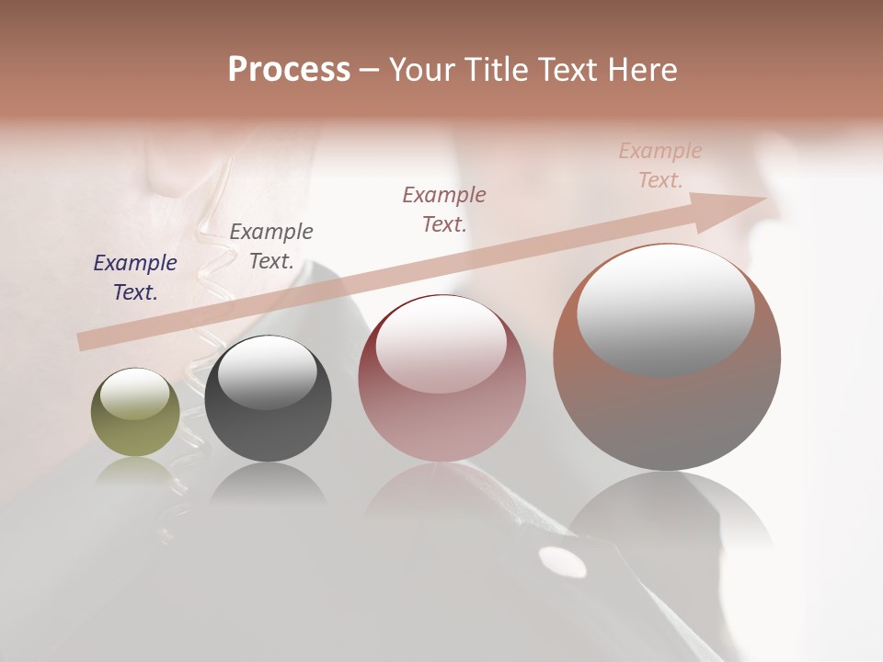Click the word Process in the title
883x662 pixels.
(289, 70)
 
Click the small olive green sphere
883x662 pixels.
(135, 413)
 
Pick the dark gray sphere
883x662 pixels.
(268, 399)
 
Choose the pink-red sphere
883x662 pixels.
(441, 379)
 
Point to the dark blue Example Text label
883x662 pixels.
(135, 278)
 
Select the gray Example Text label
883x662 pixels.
(271, 245)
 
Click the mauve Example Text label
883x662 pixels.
(444, 209)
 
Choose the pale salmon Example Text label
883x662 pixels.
(660, 165)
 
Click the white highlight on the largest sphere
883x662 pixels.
(665, 309)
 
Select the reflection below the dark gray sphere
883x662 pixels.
(268, 483)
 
